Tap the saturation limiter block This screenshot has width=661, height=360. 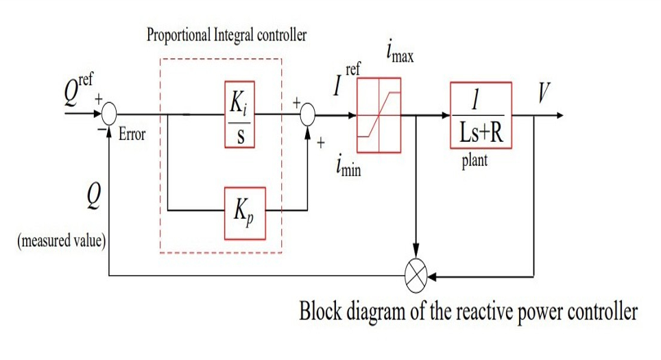379,115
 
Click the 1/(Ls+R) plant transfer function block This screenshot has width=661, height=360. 481,115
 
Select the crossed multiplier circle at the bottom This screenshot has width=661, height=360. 416,277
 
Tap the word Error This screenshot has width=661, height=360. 132,135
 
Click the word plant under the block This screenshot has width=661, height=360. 475,164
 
